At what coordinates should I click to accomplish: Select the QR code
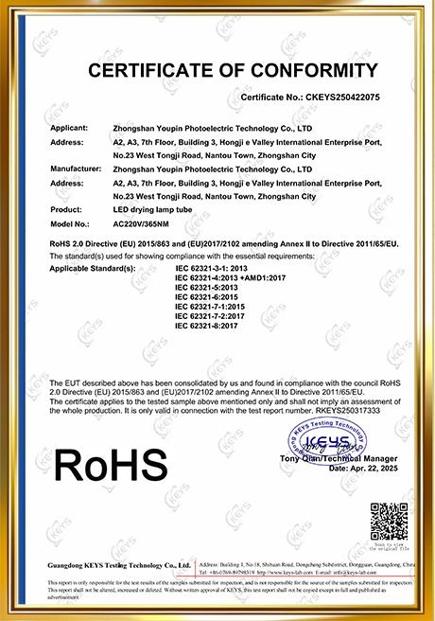[388, 520]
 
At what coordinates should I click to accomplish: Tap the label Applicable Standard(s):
[92, 268]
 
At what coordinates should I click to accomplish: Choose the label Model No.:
[69, 223]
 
